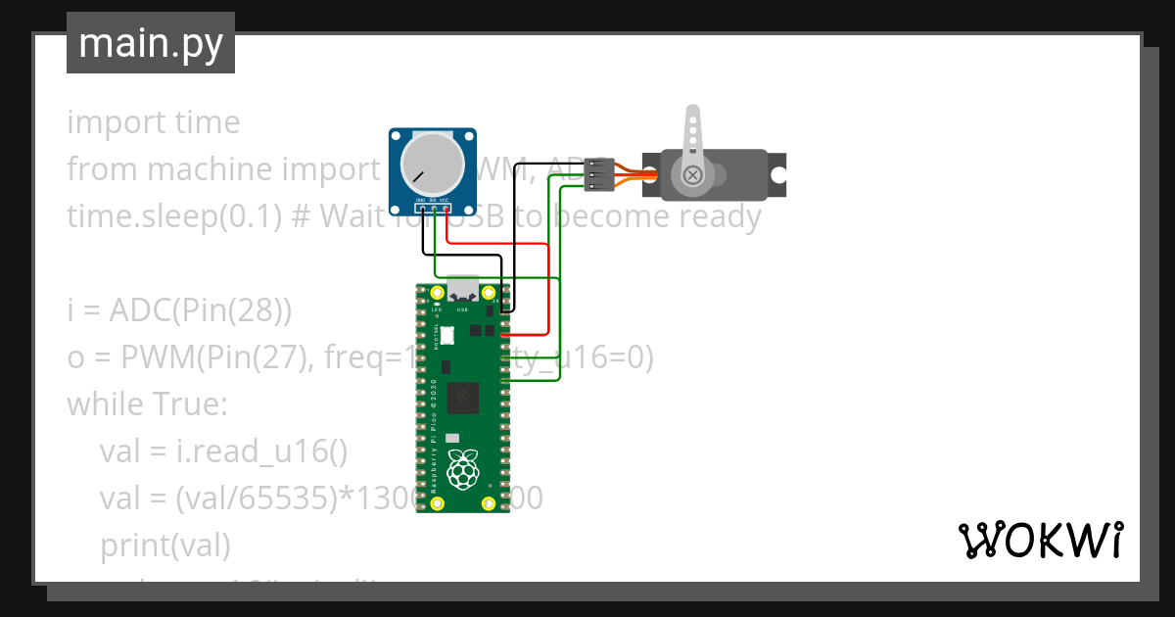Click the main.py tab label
tap(150, 43)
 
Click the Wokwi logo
tap(1040, 540)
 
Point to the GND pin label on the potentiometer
tap(420, 201)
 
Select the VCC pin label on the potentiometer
tap(446, 201)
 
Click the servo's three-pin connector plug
tap(598, 174)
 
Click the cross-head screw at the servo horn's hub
tap(693, 174)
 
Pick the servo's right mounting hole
tap(777, 174)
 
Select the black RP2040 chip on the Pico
tap(463, 399)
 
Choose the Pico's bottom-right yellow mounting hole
tap(489, 504)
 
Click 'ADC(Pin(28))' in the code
tap(201, 310)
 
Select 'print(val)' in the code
tap(164, 544)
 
